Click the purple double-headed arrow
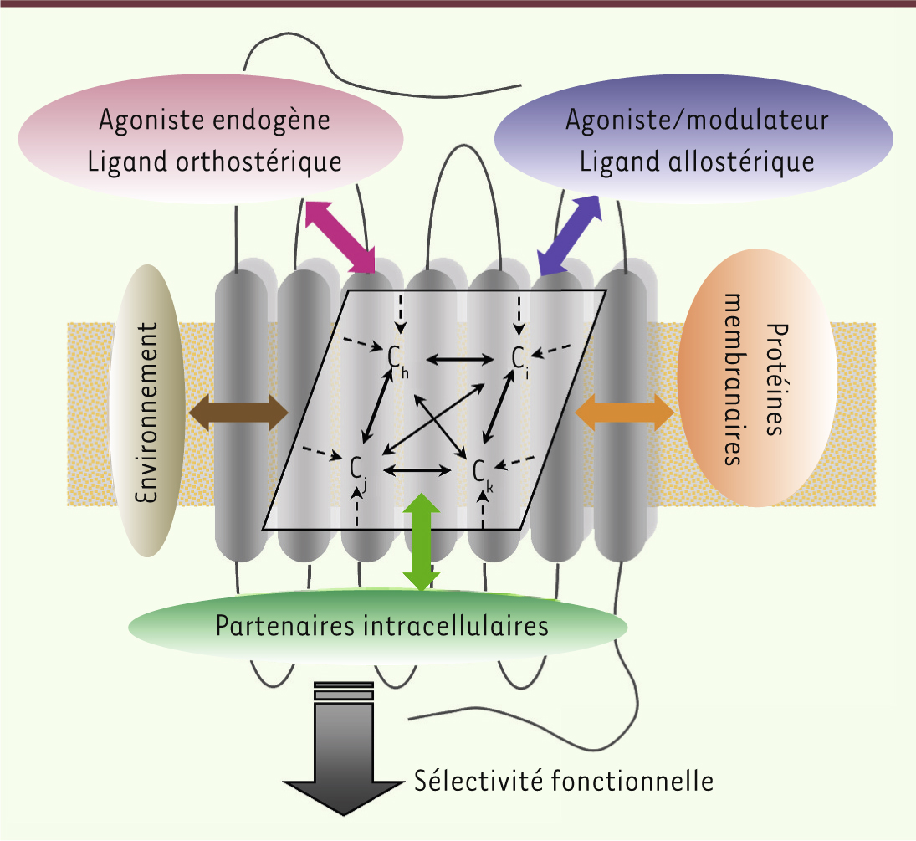[x=570, y=235]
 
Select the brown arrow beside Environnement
[x=238, y=413]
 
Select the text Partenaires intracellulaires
[x=382, y=626]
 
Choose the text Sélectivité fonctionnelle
[x=564, y=782]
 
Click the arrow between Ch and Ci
[x=460, y=360]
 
